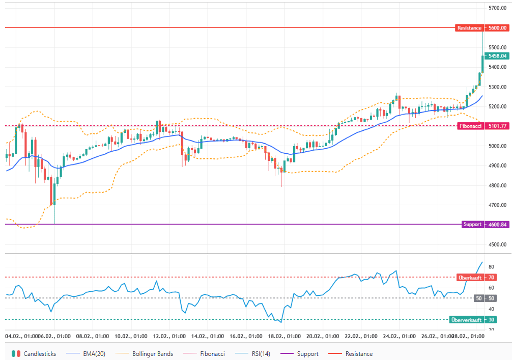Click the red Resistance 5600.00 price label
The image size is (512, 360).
coord(482,28)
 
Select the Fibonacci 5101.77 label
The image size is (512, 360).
coord(482,126)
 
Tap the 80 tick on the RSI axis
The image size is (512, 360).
coord(491,267)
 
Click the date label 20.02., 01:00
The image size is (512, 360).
coord(323,337)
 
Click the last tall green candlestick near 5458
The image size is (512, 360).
coord(482,64)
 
